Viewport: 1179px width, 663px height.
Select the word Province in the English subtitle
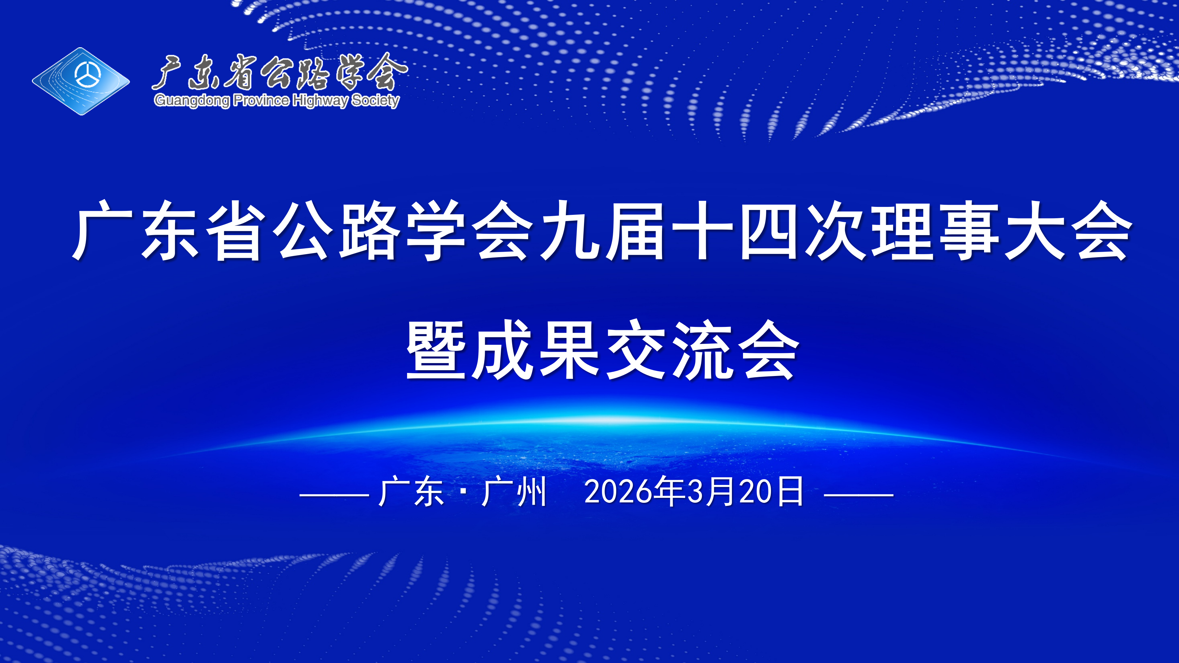[x=261, y=100]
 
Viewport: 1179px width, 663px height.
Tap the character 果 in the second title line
[x=569, y=350]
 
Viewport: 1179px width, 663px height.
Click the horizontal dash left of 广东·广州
[x=334, y=494]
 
